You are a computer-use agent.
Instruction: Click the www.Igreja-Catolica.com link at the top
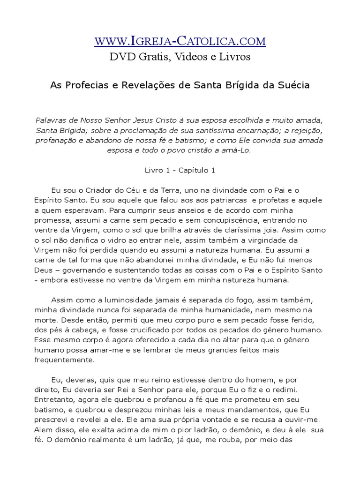pyautogui.click(x=180, y=41)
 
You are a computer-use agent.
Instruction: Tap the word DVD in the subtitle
pyautogui.click(x=120, y=57)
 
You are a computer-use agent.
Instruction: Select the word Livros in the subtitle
pyautogui.click(x=234, y=57)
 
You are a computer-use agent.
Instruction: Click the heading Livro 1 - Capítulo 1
pyautogui.click(x=180, y=171)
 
